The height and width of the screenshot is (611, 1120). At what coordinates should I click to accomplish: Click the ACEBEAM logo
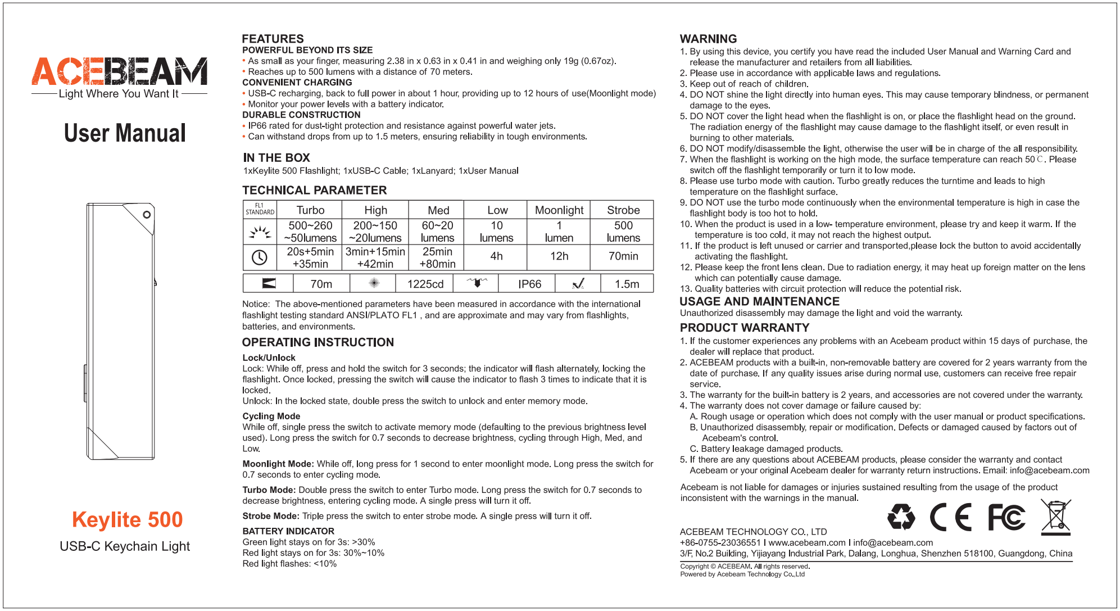tap(119, 71)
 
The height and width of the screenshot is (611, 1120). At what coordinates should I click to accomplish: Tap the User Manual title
tap(125, 133)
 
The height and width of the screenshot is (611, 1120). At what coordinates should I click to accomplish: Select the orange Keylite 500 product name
tap(128, 519)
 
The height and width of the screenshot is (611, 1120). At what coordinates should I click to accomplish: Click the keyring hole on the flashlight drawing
tap(147, 215)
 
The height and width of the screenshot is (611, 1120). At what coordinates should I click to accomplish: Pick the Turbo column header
tap(310, 210)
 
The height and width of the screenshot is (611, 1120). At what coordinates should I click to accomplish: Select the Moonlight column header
tap(559, 210)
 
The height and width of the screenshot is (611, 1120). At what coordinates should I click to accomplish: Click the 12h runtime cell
tap(559, 256)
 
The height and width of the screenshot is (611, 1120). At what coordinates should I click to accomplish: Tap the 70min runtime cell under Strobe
tap(623, 256)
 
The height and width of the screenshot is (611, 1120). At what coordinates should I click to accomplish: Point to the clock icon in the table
tap(259, 257)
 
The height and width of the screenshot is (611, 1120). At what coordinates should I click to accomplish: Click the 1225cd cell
tap(425, 284)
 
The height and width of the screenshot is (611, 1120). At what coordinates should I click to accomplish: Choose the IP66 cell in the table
tap(529, 284)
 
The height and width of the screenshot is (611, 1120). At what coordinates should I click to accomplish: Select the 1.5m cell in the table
tap(627, 284)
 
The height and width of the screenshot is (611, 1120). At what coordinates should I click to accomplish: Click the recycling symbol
tap(901, 517)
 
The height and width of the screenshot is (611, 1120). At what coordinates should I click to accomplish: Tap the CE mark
tap(951, 517)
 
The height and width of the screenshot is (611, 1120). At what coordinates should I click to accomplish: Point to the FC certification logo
tap(1006, 517)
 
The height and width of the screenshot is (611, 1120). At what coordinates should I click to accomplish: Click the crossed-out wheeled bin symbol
tap(1055, 517)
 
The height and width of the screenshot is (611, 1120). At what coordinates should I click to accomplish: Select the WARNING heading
tap(708, 39)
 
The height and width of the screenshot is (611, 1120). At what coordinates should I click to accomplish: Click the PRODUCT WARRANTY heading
tap(744, 328)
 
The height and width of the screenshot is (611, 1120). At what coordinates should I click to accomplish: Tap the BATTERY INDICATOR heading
tap(288, 531)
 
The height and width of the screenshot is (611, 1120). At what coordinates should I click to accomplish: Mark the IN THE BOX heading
tap(276, 158)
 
